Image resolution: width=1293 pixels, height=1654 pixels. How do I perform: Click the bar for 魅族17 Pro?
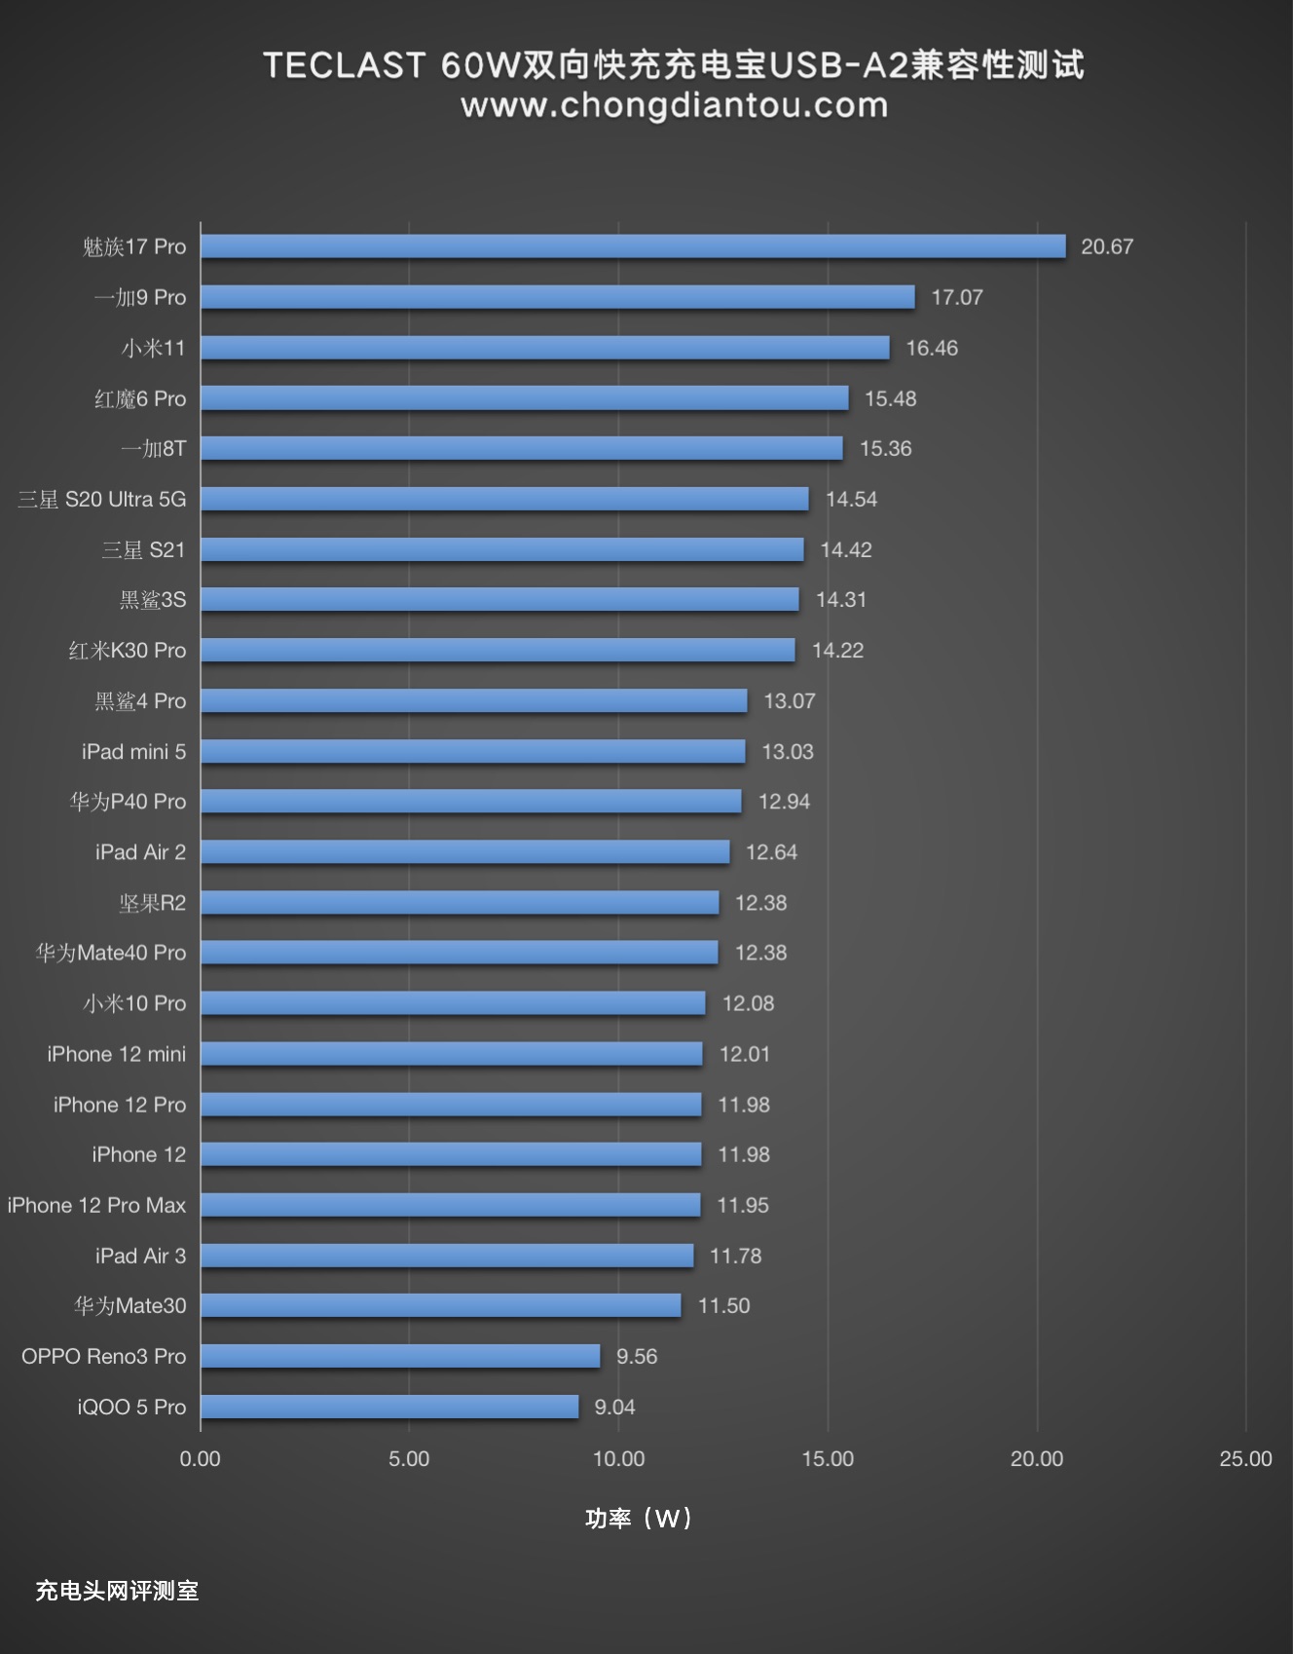point(633,246)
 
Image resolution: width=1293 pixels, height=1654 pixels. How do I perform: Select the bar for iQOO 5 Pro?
point(389,1407)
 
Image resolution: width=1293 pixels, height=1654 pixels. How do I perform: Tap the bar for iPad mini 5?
point(473,751)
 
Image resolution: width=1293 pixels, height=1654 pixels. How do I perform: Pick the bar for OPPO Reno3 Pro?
point(400,1356)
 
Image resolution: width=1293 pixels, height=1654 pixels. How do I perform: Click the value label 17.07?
point(956,297)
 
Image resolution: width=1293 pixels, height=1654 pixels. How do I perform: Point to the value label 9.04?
point(614,1407)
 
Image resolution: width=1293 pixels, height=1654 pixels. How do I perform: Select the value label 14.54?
point(851,499)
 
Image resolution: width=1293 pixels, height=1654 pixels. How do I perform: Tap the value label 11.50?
point(723,1305)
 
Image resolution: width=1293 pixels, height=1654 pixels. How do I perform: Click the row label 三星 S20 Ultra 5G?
point(101,499)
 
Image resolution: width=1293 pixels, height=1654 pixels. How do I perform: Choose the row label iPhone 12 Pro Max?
point(96,1205)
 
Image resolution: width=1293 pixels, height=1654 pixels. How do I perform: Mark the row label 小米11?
point(153,348)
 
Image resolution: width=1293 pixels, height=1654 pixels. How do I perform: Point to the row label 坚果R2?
point(152,903)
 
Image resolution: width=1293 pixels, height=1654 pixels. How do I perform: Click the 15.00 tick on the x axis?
point(828,1458)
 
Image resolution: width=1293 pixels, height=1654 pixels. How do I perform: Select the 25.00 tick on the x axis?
point(1245,1458)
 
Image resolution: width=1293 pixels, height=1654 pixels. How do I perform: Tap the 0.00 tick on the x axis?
point(200,1458)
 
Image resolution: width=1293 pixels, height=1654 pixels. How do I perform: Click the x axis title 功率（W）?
point(639,1518)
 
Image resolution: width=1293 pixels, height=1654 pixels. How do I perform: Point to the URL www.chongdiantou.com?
point(674,105)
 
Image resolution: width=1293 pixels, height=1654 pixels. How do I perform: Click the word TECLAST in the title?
point(344,65)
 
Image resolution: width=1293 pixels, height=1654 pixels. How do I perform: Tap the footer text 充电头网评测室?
point(117,1591)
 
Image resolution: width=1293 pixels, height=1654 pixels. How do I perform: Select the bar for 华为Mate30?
point(441,1305)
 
